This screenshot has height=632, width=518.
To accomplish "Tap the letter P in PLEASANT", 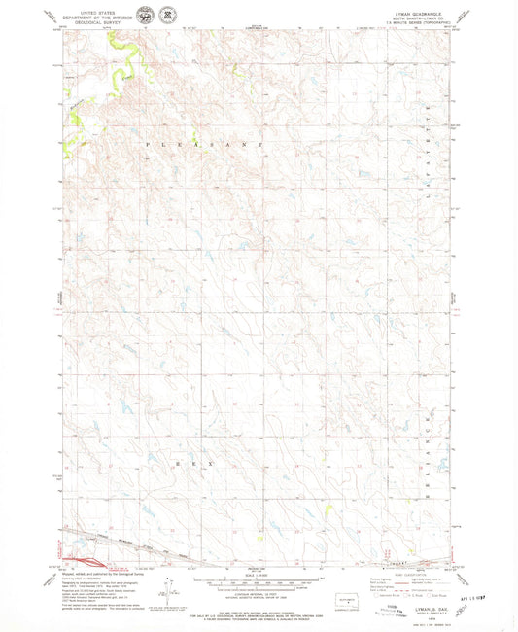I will [148, 144].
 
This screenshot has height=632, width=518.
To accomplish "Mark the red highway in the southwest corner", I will [83, 561].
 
